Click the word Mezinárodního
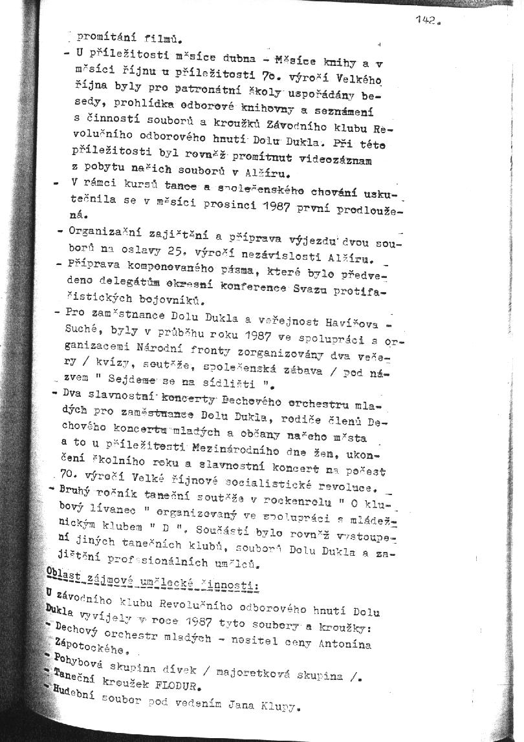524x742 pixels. (241, 445)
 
